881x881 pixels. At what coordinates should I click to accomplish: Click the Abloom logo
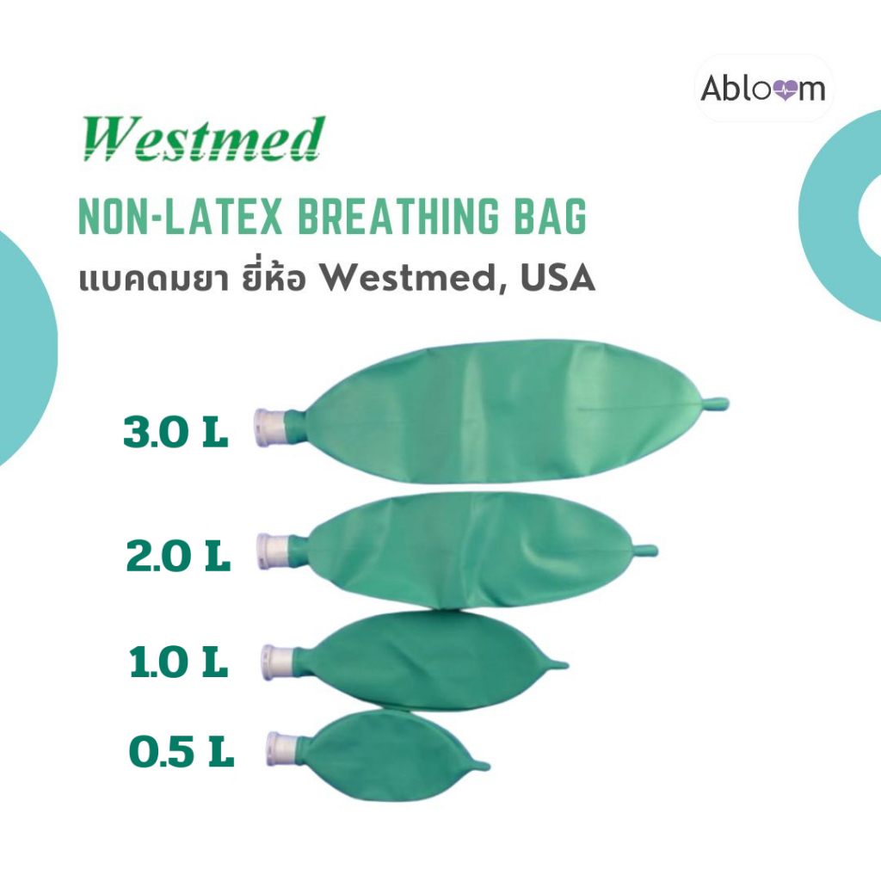(763, 88)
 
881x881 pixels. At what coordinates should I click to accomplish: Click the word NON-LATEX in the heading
(182, 218)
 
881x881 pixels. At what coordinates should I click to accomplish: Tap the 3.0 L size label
(176, 433)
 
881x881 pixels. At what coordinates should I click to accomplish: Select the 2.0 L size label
(178, 558)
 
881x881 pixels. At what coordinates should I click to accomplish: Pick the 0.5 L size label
(182, 754)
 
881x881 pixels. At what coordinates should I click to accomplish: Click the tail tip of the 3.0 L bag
(721, 402)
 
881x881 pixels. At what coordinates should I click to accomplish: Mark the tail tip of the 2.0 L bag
(650, 550)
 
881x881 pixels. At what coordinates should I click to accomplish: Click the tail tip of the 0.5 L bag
(483, 765)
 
